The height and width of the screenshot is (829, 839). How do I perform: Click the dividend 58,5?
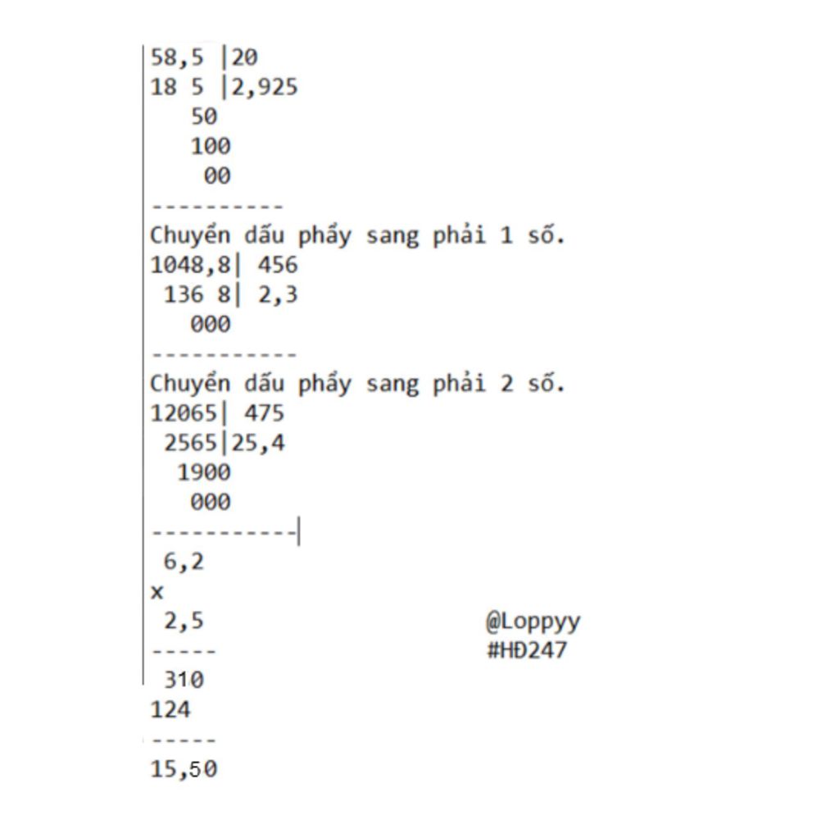[x=177, y=57]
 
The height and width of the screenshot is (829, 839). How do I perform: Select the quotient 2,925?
[x=265, y=87]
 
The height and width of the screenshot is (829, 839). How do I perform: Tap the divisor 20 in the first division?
[x=244, y=57]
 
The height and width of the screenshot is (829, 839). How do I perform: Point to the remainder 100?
[x=211, y=146]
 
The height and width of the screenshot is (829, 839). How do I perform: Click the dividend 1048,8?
[x=190, y=265]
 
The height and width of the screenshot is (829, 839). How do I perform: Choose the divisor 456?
[x=278, y=265]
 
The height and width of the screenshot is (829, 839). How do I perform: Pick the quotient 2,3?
[x=278, y=294]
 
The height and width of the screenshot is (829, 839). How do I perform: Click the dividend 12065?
[x=184, y=413]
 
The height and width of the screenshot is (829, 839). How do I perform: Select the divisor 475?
[x=265, y=413]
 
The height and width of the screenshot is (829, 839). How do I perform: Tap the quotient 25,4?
[x=258, y=443]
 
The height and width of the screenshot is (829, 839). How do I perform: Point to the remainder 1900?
[x=204, y=472]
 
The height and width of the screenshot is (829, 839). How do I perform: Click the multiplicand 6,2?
[x=184, y=562]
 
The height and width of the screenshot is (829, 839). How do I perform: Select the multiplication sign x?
[x=156, y=592]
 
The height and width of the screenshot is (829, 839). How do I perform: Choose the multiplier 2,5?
[x=184, y=622]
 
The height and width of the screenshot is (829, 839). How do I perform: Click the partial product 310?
[x=184, y=680]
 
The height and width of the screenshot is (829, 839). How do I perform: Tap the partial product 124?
[x=170, y=709]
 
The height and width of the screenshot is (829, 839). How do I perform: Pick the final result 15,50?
[x=184, y=769]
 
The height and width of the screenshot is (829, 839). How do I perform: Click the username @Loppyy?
[x=533, y=622]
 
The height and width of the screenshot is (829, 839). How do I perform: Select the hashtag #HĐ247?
[x=527, y=650]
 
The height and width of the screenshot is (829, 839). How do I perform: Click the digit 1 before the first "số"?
[x=506, y=235]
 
